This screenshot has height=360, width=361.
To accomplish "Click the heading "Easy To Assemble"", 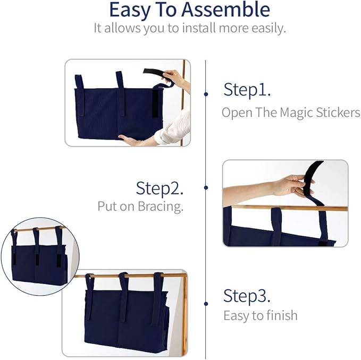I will [189, 10].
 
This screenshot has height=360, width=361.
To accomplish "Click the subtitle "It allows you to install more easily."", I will [189, 28].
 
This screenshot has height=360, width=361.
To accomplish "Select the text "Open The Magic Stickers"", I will [291, 113].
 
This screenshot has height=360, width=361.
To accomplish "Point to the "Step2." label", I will [160, 188].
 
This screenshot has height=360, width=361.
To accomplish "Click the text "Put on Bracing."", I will [140, 207].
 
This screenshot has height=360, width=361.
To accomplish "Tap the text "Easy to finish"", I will [260, 315].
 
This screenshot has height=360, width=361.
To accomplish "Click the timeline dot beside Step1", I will [206, 94].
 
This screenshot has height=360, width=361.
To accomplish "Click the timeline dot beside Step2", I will [206, 187].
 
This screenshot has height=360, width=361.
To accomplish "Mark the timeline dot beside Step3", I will [206, 304].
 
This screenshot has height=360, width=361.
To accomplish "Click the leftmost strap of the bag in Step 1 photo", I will [79, 82].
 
